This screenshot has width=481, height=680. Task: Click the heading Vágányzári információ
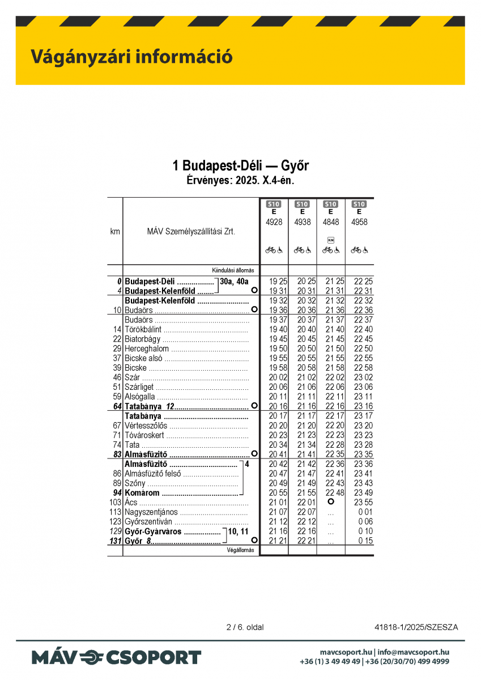coord(131,57)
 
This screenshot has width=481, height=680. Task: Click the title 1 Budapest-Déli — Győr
coord(241,166)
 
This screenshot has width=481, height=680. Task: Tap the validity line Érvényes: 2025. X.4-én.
coord(241,181)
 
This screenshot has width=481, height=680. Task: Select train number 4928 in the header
coord(274,222)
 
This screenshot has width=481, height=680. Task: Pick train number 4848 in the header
coord(331,222)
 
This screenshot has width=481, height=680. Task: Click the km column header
coord(115,231)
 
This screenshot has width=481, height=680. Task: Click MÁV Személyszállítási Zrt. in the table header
coord(191,231)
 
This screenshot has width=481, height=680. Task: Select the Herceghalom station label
coord(146,348)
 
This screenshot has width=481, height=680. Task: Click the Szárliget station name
coord(139,387)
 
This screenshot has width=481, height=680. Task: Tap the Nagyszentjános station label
coord(151,512)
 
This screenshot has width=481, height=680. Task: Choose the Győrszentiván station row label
coord(148,522)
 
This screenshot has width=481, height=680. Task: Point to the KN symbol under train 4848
coord(331,240)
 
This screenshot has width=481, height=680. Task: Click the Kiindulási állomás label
coord(233,270)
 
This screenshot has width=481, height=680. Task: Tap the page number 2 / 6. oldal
coord(245,627)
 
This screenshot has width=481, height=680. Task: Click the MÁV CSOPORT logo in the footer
coord(116,657)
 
